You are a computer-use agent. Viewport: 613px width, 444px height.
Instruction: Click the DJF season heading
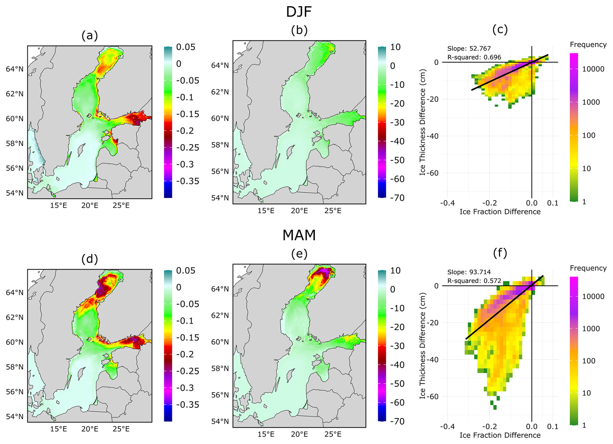coord(299,12)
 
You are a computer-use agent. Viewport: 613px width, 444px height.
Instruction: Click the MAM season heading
coord(299,235)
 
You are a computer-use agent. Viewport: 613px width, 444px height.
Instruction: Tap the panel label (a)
coord(90,35)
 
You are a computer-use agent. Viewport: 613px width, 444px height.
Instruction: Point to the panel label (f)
coord(500,253)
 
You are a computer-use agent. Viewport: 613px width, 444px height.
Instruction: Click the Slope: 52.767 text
coord(469,49)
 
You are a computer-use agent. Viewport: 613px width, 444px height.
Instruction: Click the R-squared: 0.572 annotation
coord(474,281)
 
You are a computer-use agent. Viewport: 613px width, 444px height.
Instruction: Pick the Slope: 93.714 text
coord(469,272)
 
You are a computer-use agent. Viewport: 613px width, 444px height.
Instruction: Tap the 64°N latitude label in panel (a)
coord(15,69)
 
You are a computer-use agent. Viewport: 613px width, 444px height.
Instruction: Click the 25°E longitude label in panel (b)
coord(333,211)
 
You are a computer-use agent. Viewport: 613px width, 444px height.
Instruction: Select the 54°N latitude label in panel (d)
coord(15,416)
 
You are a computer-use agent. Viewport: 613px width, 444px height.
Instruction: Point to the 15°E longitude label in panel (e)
coord(266,434)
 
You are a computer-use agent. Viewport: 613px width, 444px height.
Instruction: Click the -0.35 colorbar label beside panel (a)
coord(188,181)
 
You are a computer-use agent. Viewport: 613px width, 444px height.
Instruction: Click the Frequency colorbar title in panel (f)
coord(588,268)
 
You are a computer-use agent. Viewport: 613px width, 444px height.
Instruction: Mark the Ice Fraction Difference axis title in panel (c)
coord(500,212)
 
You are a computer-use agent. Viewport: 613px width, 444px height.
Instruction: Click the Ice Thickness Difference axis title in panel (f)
coord(422,346)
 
